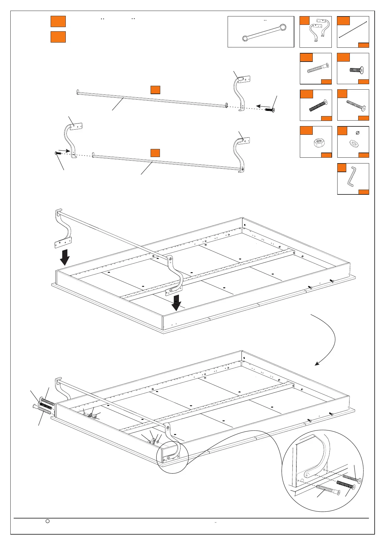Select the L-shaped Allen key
[x=351, y=176]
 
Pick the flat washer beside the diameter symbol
[x=353, y=143]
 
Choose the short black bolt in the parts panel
[x=357, y=69]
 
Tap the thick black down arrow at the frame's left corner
[x=65, y=257]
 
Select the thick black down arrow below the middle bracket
[x=176, y=302]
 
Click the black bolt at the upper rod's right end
[x=270, y=110]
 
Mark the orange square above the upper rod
[x=155, y=90]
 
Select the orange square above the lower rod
[x=155, y=153]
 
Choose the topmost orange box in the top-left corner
[x=58, y=21]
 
